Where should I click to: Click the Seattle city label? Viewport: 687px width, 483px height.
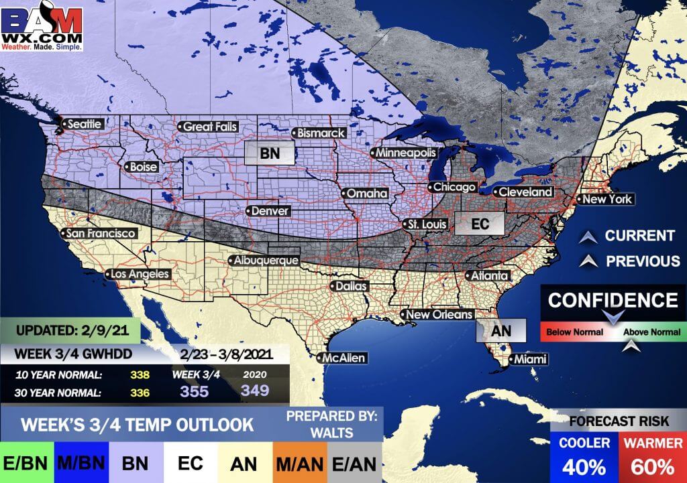click(85, 124)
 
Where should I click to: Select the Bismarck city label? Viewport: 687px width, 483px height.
click(320, 133)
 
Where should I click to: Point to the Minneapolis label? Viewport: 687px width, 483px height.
click(402, 153)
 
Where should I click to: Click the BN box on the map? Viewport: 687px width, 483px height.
click(270, 153)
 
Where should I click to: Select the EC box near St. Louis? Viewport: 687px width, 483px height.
click(480, 224)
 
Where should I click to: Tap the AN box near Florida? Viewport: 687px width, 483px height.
click(501, 330)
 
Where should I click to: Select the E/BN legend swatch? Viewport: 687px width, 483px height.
click(22, 463)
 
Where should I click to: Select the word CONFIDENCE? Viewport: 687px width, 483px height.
click(613, 300)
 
